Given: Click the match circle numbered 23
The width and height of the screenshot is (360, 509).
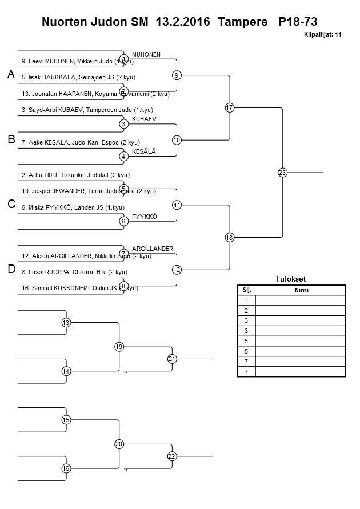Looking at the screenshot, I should coord(282,172).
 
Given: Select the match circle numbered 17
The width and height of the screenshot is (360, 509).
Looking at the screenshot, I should coord(230,107).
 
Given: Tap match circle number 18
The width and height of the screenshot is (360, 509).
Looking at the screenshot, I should coord(230,237).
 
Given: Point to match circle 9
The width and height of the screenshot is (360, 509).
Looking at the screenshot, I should coord(177,75).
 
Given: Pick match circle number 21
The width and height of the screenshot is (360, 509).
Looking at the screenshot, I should coord(172,359).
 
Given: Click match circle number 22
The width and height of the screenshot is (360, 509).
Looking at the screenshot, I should coord(172,456).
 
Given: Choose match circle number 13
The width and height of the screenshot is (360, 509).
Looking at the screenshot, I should coord(66,323).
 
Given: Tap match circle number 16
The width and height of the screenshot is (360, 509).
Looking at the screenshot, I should coord(66,468).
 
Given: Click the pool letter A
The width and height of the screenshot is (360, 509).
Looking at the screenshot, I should coord(11,75).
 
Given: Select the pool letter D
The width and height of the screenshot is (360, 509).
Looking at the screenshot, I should coord(11,269).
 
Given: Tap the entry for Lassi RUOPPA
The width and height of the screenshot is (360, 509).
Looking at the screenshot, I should coord(74,272).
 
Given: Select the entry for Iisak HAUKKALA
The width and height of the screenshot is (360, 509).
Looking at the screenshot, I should coord(78,77).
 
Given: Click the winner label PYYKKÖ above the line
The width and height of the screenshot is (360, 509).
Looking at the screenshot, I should coord(144,216).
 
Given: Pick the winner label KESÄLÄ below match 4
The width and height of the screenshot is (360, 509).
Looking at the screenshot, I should coord(144,151).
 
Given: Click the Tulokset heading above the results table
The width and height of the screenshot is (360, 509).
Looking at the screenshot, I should coord(291,279).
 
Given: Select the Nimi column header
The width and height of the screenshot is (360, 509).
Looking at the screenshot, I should coord(301,290).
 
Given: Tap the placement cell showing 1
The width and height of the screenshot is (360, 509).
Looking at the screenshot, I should coord(247,300).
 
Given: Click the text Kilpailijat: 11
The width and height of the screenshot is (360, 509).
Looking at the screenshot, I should coord(323,35).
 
